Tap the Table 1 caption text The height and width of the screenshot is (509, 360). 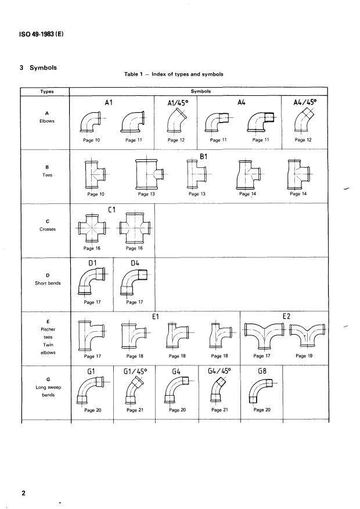pyautogui.click(x=174, y=74)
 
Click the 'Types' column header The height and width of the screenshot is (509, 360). pyautogui.click(x=46, y=91)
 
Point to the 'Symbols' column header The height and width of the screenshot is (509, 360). pyautogui.click(x=199, y=91)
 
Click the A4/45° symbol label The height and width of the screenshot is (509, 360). pyautogui.click(x=305, y=103)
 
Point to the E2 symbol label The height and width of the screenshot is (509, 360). pyautogui.click(x=287, y=317)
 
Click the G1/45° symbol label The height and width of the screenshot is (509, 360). pyautogui.click(x=134, y=370)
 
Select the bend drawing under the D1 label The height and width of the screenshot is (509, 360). pyautogui.click(x=92, y=283)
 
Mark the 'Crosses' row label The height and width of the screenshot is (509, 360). pyautogui.click(x=46, y=228)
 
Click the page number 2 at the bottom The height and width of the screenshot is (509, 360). pyautogui.click(x=24, y=494)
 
